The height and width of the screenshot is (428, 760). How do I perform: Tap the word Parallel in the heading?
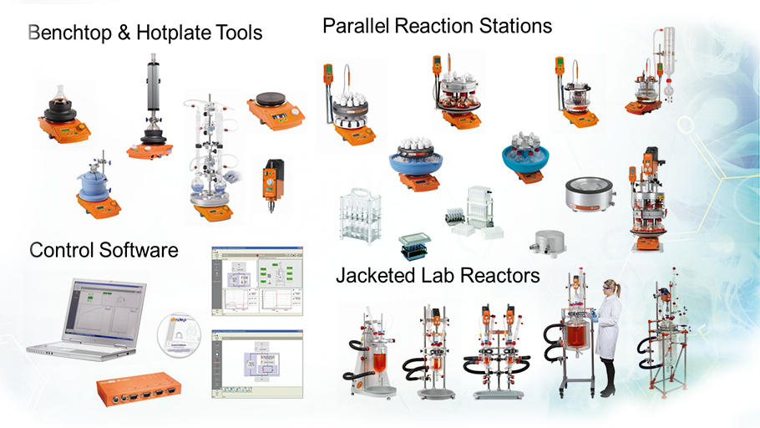tap(354, 27)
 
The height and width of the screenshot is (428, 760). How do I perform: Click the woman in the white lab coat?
tap(607, 334)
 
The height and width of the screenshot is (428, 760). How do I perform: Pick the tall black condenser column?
tap(152, 96)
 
